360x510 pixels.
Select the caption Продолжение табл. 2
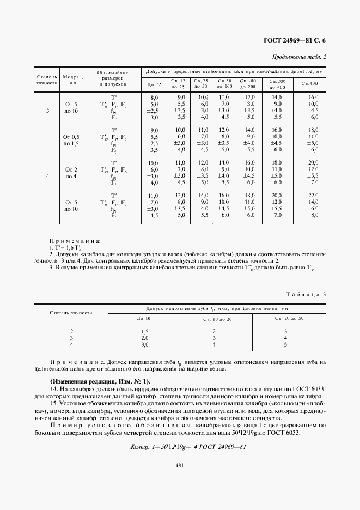coord(300,57)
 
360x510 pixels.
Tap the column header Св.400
coord(309,83)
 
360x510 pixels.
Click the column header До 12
coord(154,84)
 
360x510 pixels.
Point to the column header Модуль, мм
coord(72,80)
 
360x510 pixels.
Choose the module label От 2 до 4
coord(71,173)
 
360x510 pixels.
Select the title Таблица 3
coord(306,294)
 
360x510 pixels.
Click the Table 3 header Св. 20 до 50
coord(289,318)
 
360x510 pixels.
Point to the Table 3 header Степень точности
coord(71,313)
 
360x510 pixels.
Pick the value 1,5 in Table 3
coord(145,331)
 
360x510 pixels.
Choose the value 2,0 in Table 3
coord(145,338)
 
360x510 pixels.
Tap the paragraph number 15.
coord(53,403)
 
